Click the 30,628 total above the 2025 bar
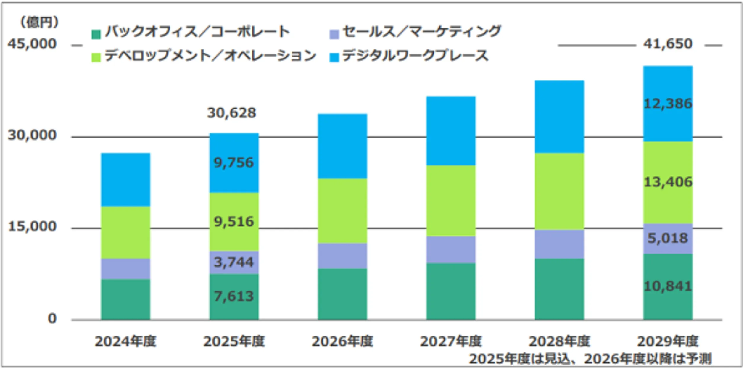(231, 113)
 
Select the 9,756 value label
(234, 163)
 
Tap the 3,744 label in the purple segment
(234, 262)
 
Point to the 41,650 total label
(668, 44)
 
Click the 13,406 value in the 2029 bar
(668, 182)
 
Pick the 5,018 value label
(668, 238)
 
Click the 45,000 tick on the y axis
(32, 44)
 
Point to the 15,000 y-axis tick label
(32, 227)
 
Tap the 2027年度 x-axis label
(451, 341)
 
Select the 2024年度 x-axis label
(125, 341)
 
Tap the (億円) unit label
(39, 22)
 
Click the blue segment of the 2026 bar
(342, 146)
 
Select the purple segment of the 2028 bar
(559, 244)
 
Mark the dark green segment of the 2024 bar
(125, 299)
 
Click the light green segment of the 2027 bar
(451, 201)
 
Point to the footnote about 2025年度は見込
(590, 359)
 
